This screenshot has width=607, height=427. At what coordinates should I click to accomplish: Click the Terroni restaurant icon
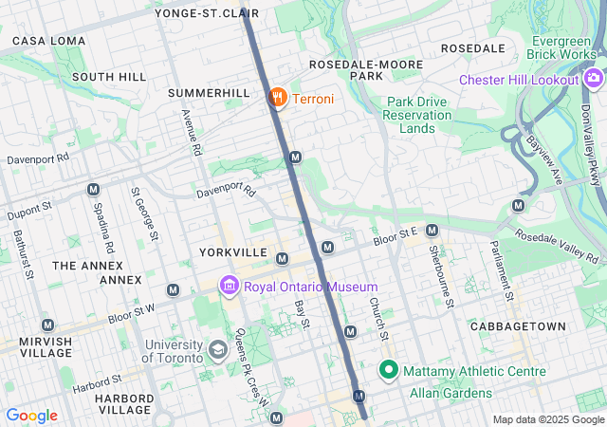coord(278,98)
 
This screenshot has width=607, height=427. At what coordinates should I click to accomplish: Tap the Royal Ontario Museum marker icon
coord(229,286)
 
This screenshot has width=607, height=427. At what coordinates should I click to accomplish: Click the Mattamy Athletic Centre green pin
coord(388,370)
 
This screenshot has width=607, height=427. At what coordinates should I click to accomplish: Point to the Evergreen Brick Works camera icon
coord(594,78)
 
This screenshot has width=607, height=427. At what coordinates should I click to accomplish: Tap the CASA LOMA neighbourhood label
coord(48,41)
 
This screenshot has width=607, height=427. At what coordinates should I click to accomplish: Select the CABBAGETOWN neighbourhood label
coord(517,326)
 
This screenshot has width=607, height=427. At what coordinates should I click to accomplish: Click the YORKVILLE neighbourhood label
coord(233,253)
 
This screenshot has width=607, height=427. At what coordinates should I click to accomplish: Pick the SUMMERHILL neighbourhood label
coord(209,93)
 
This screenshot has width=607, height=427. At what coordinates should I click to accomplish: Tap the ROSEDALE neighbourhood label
coord(473,48)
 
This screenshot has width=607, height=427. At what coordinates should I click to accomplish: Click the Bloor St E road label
coord(395,232)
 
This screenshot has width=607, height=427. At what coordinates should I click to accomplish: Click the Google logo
coord(31,416)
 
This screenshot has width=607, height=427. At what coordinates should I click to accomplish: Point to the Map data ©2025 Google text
coord(546,419)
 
